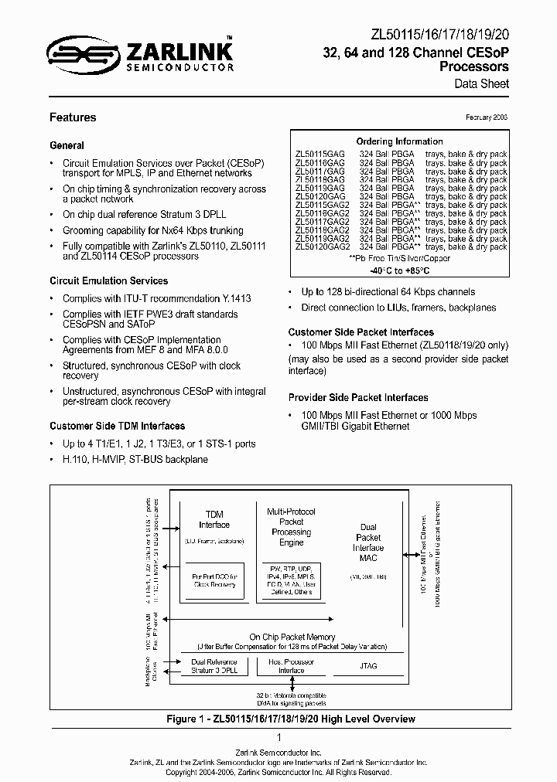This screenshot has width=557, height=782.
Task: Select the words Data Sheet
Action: (x=487, y=83)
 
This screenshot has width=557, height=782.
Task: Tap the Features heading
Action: (x=73, y=117)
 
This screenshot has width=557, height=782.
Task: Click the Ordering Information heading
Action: (x=399, y=141)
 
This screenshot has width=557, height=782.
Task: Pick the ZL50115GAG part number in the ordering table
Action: (x=320, y=154)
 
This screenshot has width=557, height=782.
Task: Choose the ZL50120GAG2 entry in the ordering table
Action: (x=323, y=246)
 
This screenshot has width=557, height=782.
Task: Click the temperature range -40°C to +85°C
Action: (x=399, y=271)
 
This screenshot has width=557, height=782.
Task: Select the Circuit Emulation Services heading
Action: (x=108, y=280)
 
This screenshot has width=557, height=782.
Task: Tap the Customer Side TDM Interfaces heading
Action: (x=117, y=426)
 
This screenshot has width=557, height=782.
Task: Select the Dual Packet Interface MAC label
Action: (x=368, y=542)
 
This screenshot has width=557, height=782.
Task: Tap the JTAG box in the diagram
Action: (x=368, y=665)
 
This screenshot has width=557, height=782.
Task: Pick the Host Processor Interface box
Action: (x=292, y=665)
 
